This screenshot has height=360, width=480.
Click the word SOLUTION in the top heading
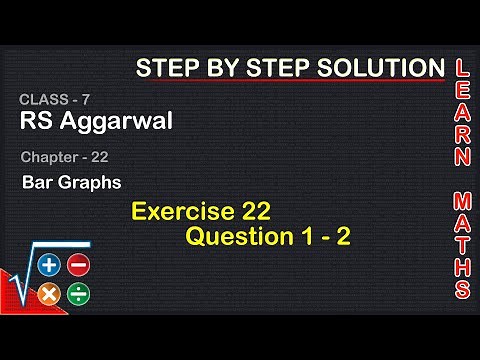tap(380, 68)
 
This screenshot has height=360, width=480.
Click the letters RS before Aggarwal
tap(37, 122)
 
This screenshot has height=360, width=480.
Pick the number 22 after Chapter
tap(100, 157)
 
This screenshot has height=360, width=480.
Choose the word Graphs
tap(91, 183)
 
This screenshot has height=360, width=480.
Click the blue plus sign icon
tap(49, 265)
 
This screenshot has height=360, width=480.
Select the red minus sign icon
tap(79, 265)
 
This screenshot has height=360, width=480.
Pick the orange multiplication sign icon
tap(49, 294)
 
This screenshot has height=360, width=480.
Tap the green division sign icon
tap(79, 294)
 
